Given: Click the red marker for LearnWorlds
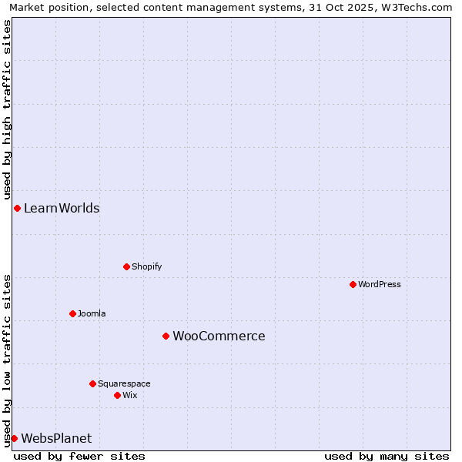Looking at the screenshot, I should click(17, 208).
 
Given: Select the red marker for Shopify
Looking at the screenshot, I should click(126, 266).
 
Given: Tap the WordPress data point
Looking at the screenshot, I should click(353, 284).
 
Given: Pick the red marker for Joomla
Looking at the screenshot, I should click(72, 313).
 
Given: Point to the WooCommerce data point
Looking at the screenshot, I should click(166, 336).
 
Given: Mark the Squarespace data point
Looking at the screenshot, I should click(92, 383).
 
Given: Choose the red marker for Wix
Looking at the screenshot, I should click(117, 395).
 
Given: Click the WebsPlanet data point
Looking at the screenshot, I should click(14, 438).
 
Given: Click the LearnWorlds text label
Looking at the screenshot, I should click(62, 208).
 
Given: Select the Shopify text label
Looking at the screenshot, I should click(146, 266).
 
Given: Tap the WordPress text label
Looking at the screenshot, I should click(379, 284).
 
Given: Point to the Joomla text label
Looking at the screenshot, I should click(92, 313).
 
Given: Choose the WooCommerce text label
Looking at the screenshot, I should click(219, 336).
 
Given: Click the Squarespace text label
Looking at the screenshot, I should click(124, 383).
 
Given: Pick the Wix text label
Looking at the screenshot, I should click(129, 395).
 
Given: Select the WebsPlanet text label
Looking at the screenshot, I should click(56, 438).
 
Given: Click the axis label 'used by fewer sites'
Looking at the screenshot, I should click(79, 456).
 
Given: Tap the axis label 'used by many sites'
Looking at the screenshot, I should click(387, 456).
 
